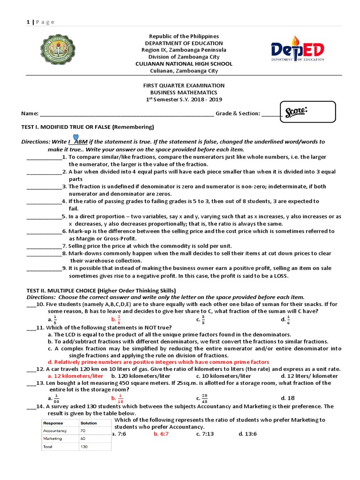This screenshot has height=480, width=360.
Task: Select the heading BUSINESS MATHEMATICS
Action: (x=183, y=92)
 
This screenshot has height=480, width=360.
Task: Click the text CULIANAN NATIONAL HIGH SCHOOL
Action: (x=183, y=64)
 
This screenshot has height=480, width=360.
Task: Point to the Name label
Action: (x=30, y=113)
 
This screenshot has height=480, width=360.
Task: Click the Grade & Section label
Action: (x=238, y=113)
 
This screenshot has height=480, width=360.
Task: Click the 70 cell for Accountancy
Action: (x=83, y=430)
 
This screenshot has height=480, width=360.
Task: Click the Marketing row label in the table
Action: (x=52, y=439)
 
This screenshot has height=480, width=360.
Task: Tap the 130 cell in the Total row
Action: (x=85, y=447)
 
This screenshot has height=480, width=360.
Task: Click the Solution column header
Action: (x=89, y=423)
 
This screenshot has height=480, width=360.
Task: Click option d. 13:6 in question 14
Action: (x=247, y=434)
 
